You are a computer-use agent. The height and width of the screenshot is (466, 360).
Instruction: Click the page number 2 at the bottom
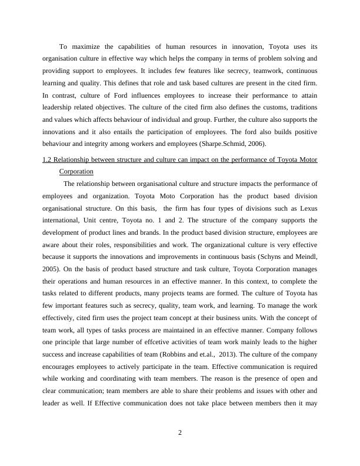pos(180,434)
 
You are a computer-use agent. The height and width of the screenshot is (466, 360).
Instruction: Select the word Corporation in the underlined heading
pos(76,171)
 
